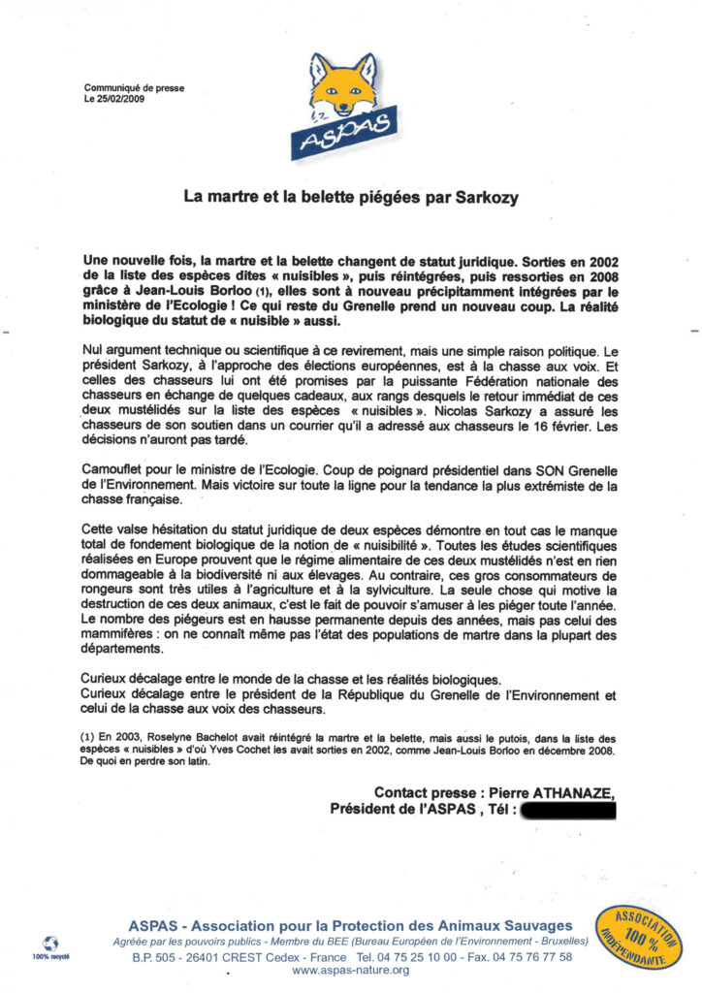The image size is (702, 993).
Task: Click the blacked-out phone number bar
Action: [568, 810]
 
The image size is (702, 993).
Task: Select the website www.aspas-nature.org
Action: [350, 970]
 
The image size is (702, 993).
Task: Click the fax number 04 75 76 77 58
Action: [526, 956]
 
